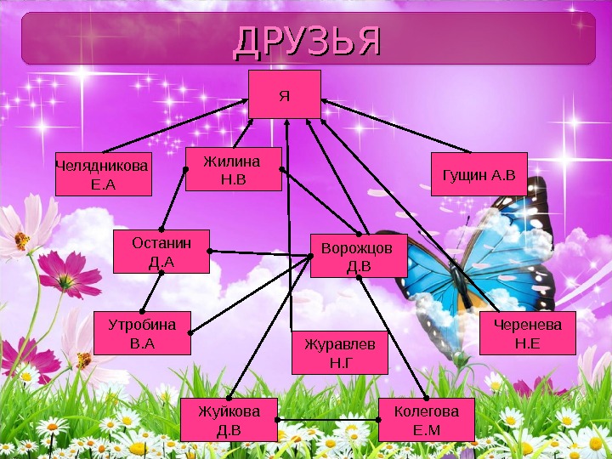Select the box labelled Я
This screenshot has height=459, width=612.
tap(284, 94)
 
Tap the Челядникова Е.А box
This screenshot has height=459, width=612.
tap(103, 174)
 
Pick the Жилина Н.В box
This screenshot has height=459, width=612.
tap(233, 168)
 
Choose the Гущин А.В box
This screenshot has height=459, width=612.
tap(479, 175)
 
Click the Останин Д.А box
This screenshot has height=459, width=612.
tap(161, 251)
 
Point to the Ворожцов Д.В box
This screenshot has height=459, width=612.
tap(358, 256)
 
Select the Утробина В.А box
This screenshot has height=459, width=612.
tap(142, 333)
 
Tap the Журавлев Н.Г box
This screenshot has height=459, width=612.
tap(339, 353)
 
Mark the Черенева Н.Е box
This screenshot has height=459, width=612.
tap(527, 333)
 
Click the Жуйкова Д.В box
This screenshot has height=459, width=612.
tap(229, 420)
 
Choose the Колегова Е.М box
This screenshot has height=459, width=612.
tap(426, 420)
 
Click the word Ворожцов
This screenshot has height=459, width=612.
tap(358, 248)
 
